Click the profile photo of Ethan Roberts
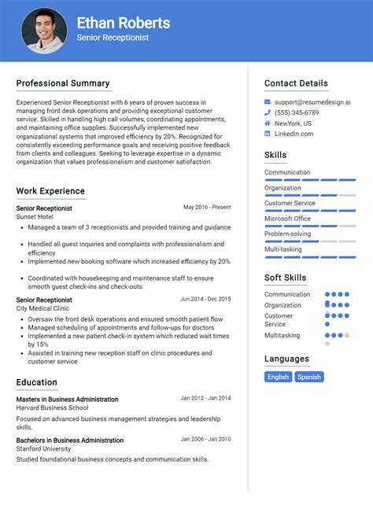(44, 31)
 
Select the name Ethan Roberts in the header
(124, 23)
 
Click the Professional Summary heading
(63, 83)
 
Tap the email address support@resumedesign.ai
(312, 102)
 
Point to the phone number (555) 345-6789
(297, 112)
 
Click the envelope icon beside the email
(268, 102)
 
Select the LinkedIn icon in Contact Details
(268, 134)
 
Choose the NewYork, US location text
(293, 123)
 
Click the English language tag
(278, 377)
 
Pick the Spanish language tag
(309, 377)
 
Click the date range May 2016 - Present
(207, 208)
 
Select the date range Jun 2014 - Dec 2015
(205, 299)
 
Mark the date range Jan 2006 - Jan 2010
(205, 440)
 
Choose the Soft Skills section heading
(286, 278)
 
